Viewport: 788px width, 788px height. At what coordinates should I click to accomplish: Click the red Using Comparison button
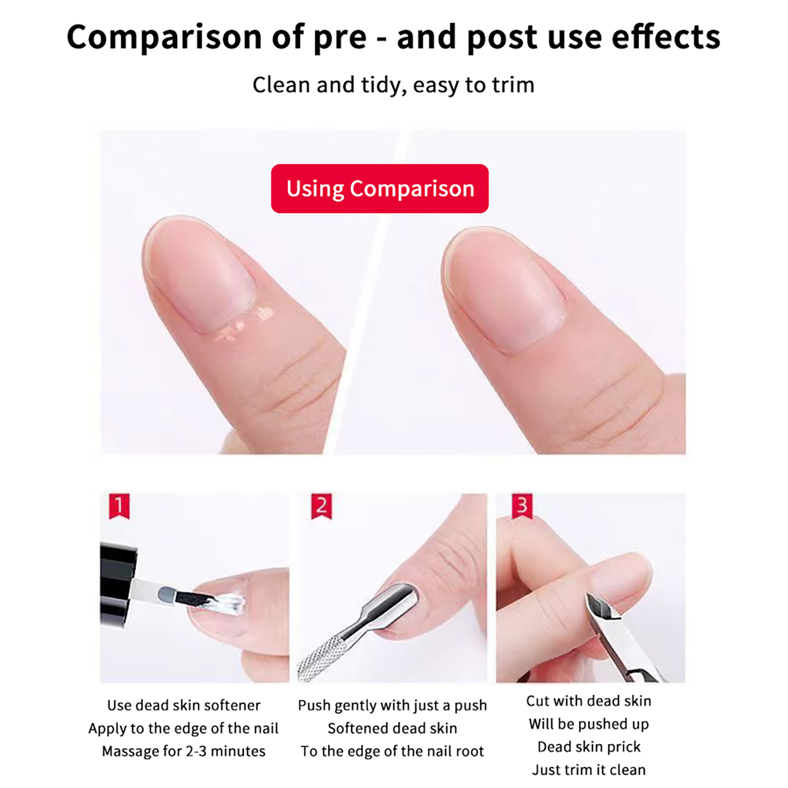pyautogui.click(x=380, y=189)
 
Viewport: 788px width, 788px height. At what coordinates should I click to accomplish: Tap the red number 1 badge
pyautogui.click(x=119, y=506)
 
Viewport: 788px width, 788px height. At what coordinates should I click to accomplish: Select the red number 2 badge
pyautogui.click(x=322, y=506)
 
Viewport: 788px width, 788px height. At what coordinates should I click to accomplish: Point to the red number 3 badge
pyautogui.click(x=523, y=506)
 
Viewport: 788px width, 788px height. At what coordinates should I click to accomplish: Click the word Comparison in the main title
pyautogui.click(x=164, y=38)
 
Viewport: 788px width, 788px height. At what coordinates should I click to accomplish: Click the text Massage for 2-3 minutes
pyautogui.click(x=184, y=751)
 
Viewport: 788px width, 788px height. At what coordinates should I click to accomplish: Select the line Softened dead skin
pyautogui.click(x=393, y=728)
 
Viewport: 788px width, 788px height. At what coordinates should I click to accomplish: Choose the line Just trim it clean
pyautogui.click(x=589, y=769)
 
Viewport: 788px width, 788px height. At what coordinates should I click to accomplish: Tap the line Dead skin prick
pyautogui.click(x=589, y=747)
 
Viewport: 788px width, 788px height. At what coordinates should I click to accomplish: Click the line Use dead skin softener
pyautogui.click(x=184, y=705)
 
